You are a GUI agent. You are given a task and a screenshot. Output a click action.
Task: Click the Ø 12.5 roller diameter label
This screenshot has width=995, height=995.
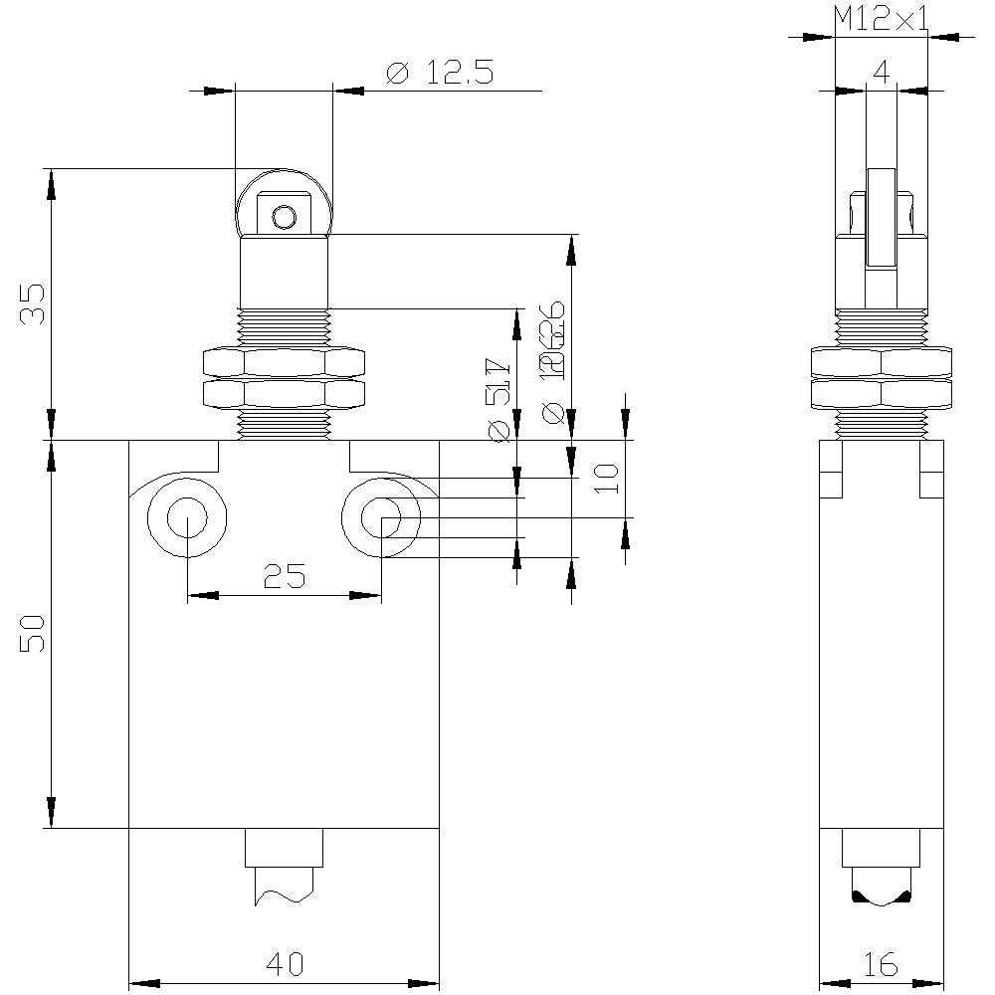click(x=439, y=73)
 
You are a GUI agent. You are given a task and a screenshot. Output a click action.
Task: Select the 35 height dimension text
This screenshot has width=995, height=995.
click(x=34, y=303)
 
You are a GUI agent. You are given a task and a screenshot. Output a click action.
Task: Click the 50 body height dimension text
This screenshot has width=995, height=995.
click(x=34, y=633)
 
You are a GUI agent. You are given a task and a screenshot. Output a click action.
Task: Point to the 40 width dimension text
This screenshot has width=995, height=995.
click(x=284, y=963)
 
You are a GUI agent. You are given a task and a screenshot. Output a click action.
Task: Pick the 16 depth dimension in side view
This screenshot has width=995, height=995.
click(x=881, y=963)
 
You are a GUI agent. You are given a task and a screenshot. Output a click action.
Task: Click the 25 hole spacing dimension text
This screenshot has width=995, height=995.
click(x=284, y=575)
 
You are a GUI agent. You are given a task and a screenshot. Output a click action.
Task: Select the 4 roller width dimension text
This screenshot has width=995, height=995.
click(x=880, y=72)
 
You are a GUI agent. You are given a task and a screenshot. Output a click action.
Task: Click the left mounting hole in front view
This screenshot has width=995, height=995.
click(x=187, y=517)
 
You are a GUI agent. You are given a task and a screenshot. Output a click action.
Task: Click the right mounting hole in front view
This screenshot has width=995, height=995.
click(x=381, y=517)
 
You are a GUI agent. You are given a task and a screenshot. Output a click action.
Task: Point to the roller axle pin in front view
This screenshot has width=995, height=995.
click(x=285, y=216)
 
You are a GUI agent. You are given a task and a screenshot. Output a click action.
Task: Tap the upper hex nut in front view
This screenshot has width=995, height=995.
click(x=284, y=360)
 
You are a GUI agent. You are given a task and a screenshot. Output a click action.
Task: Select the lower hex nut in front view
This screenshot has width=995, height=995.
click(x=284, y=394)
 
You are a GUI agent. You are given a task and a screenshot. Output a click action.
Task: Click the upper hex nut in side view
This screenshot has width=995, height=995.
click(x=881, y=361)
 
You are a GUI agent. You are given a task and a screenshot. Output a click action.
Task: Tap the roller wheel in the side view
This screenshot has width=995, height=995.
click(x=881, y=219)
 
